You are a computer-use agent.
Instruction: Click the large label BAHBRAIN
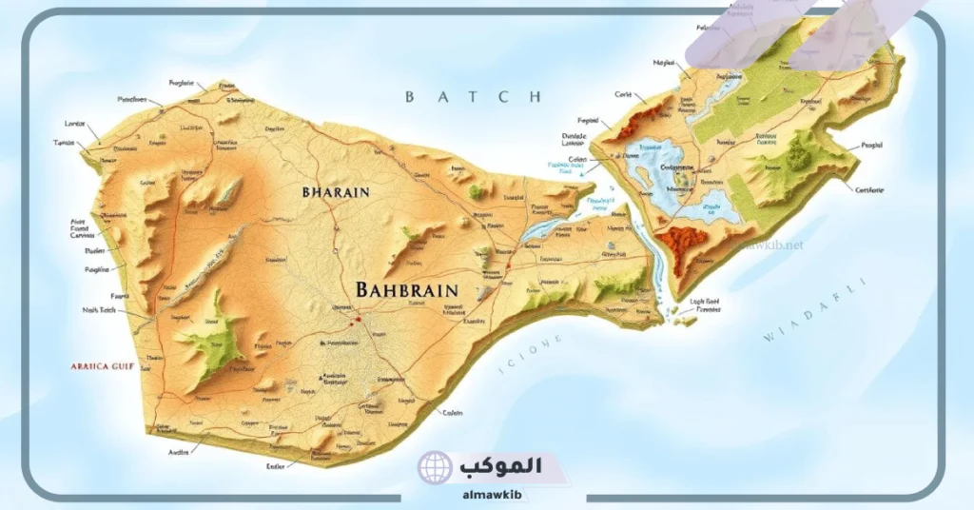click(x=405, y=289)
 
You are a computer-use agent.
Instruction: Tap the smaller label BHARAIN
click(x=335, y=191)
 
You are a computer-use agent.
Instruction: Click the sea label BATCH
click(x=472, y=96)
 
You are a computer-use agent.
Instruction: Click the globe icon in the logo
click(x=435, y=468)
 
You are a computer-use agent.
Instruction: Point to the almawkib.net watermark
click(x=769, y=245)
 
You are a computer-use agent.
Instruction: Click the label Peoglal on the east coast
click(x=870, y=146)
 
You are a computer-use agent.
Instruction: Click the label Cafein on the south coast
click(x=452, y=412)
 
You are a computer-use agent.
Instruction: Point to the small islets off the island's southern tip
click(x=685, y=321)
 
